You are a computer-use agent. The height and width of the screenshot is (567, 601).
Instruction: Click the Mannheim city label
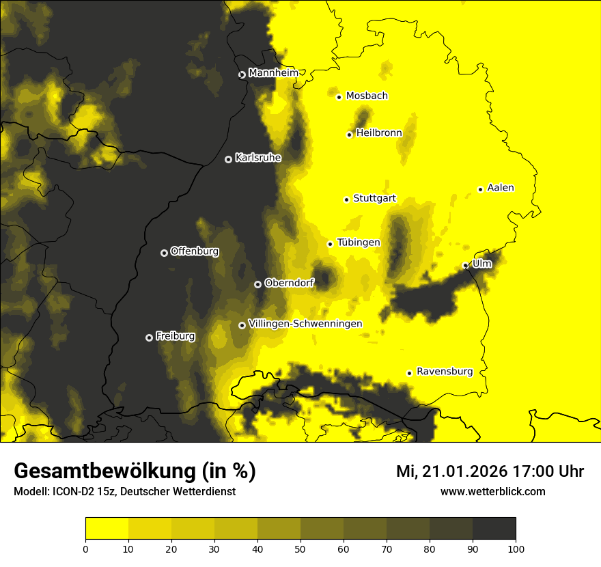(x=273, y=73)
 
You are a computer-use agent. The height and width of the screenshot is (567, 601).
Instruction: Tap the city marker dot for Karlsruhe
(x=228, y=159)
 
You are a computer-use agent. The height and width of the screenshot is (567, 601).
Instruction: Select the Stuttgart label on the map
(x=374, y=199)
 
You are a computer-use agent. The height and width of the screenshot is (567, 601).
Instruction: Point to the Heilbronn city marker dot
(x=349, y=135)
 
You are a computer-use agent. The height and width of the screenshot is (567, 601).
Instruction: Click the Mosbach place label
(x=367, y=96)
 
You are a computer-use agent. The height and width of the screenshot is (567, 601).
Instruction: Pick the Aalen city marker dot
(x=480, y=189)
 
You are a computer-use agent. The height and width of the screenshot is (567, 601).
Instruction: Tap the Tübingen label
(x=359, y=243)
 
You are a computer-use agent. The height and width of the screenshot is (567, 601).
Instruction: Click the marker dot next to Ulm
(x=465, y=266)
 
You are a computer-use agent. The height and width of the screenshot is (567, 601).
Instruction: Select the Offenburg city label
(x=195, y=251)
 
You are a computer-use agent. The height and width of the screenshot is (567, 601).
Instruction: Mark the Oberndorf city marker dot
(x=257, y=284)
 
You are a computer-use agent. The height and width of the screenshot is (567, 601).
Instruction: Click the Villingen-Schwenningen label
(x=305, y=324)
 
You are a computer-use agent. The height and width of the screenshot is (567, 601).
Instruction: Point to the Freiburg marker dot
(x=149, y=337)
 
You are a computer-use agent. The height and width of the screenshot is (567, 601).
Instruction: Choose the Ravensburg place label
(x=445, y=372)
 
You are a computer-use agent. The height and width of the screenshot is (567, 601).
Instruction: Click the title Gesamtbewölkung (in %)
(x=135, y=471)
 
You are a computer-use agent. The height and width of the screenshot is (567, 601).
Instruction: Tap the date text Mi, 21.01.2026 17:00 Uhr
(x=490, y=471)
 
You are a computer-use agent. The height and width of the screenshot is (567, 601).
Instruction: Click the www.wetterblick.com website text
(x=492, y=491)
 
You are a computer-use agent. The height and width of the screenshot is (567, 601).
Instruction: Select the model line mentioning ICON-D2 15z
(x=124, y=491)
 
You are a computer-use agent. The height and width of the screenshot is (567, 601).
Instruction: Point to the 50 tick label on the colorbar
(x=300, y=549)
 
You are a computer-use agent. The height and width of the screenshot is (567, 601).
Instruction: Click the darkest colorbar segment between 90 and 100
(x=494, y=529)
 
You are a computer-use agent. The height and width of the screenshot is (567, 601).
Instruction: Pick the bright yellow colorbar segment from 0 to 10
(x=107, y=529)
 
